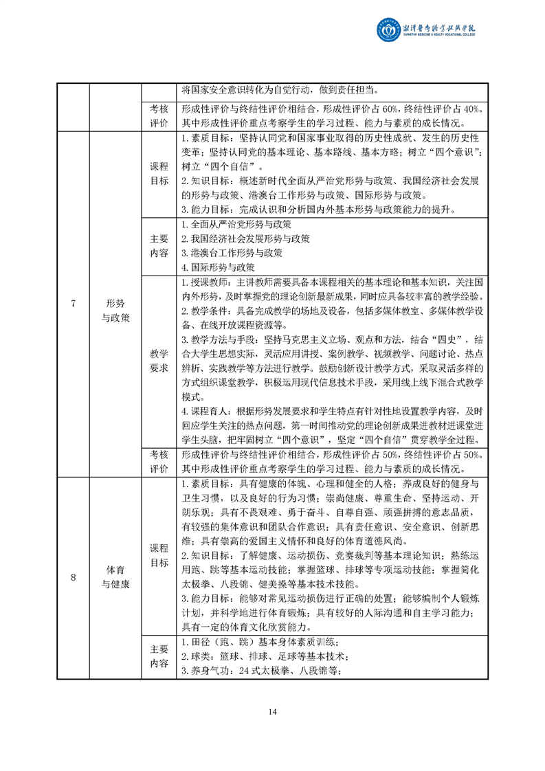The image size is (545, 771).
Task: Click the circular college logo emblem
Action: (x=387, y=30)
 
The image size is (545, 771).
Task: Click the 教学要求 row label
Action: (x=159, y=361)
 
